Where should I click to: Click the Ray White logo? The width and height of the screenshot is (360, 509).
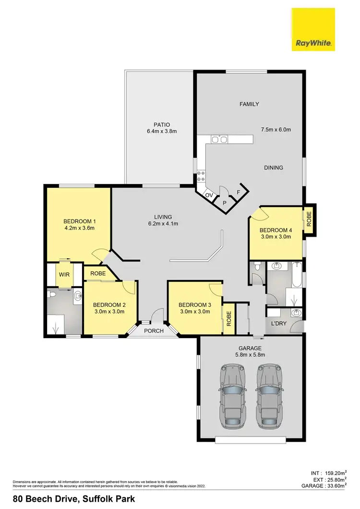tap(313, 29)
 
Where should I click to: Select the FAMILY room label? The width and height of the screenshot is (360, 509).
tap(249, 104)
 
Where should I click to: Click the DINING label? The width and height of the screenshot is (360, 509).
tap(273, 168)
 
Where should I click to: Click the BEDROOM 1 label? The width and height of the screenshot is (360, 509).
tap(80, 221)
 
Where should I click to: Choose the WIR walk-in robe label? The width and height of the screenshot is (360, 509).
tap(64, 274)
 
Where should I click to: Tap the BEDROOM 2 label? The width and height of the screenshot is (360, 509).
tap(109, 304)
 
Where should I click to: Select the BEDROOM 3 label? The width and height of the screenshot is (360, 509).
tap(194, 304)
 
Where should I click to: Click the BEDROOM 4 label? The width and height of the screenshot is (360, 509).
tap(276, 230)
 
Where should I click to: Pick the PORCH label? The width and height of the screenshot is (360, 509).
tap(154, 331)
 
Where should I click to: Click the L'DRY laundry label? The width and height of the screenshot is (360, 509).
tap(278, 324)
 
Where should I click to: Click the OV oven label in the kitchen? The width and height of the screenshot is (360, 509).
tap(209, 195)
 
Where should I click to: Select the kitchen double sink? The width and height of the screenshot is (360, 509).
tap(218, 140)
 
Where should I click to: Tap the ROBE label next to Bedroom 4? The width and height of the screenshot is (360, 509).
tap(309, 219)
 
